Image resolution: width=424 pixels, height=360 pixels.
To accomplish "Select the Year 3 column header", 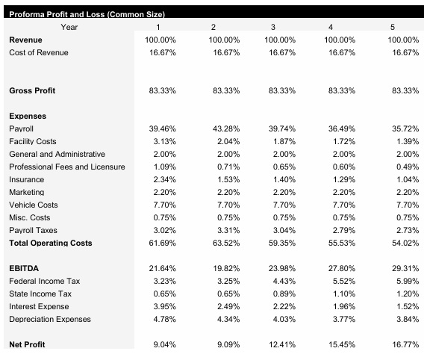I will pos(279,27).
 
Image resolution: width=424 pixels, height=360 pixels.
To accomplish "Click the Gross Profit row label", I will pos(32,90).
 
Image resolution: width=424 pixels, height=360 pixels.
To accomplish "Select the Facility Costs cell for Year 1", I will pos(163,141).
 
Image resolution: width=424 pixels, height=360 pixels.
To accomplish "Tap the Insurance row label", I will pos(26,179).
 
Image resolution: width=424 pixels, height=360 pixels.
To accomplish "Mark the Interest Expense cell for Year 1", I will pos(163,306).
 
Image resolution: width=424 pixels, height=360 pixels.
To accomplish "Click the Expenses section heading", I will pos(28,116).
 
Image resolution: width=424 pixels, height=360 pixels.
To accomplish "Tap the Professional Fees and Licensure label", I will pos(66,167).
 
